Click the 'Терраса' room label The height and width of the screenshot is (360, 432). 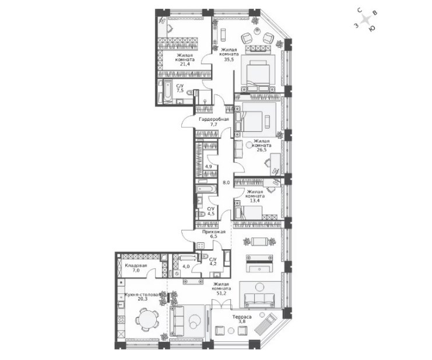tap(241, 317)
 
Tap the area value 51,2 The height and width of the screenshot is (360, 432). tap(221, 293)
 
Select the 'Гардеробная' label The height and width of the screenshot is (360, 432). tap(214, 120)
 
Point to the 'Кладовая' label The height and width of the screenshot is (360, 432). tap(136, 265)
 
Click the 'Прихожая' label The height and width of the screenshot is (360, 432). tap(214, 232)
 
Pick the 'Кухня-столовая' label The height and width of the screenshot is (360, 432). tap(142, 295)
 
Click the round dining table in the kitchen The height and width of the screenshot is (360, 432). tap(147, 319)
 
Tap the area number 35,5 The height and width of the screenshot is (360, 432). tap(229, 59)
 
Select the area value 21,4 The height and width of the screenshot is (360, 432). tap(185, 64)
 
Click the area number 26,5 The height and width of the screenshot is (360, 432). tap(261, 150)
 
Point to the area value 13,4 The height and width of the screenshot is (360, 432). tap(255, 201)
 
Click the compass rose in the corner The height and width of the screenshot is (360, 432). tap(366, 20)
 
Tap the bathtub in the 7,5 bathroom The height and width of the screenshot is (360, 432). tap(167, 91)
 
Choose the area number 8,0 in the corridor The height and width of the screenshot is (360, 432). tap(226, 183)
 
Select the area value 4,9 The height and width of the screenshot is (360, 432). tap(209, 166)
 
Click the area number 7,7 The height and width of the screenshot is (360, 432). tap(214, 124)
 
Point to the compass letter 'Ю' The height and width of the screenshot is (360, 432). tap(372, 28)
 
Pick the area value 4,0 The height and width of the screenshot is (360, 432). tap(186, 266)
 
